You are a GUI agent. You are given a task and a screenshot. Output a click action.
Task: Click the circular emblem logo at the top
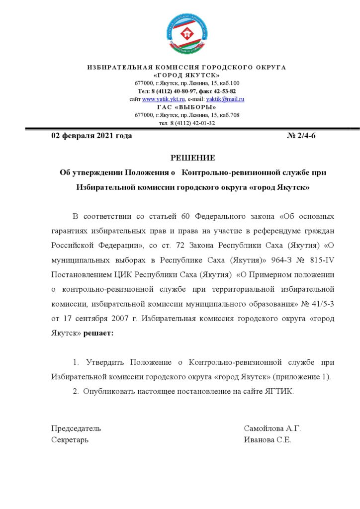pyautogui.click(x=186, y=34)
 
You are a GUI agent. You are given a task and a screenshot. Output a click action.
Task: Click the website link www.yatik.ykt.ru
pyautogui.click(x=164, y=99)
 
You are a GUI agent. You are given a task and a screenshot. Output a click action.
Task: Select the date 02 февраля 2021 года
pyautogui.click(x=91, y=136)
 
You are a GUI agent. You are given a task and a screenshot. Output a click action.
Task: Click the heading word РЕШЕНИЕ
pyautogui.click(x=193, y=158)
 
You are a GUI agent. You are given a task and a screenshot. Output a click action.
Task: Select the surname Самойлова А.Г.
pyautogui.click(x=272, y=428)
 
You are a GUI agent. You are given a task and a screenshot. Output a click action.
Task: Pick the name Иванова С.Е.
pyautogui.click(x=268, y=440)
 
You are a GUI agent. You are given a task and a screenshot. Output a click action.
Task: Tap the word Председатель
pyautogui.click(x=76, y=428)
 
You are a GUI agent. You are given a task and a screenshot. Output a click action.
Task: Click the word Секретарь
pyautogui.click(x=70, y=440)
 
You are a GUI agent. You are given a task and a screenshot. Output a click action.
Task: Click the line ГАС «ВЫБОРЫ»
pyautogui.click(x=187, y=107)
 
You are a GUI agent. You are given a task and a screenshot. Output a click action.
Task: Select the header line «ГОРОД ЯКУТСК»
pyautogui.click(x=187, y=75)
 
